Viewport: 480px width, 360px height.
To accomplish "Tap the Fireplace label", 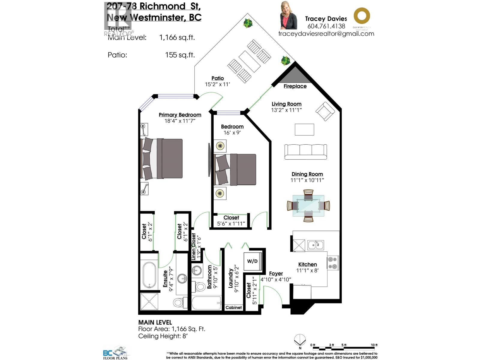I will [x=295, y=86].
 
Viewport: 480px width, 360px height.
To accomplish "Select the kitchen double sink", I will [x=315, y=245].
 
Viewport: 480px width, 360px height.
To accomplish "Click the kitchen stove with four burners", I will [x=333, y=262].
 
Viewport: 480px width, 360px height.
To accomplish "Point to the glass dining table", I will [x=308, y=206].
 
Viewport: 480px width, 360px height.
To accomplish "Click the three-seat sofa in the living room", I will [x=305, y=151].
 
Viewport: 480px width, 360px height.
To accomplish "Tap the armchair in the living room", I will [x=325, y=111].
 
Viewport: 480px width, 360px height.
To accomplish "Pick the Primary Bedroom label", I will [x=180, y=115].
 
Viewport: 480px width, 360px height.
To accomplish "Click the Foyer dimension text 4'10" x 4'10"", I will [x=276, y=280].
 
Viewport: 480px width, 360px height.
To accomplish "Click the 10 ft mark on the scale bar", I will [x=374, y=345].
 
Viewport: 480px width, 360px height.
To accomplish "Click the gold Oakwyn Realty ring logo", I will [x=361, y=16].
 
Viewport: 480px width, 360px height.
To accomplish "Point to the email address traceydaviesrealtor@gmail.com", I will [x=326, y=34].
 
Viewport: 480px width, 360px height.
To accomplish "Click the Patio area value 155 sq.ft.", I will [x=180, y=55].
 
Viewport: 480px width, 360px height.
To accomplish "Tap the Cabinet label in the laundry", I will [x=233, y=307].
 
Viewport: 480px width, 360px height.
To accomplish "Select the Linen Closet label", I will [x=193, y=247].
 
